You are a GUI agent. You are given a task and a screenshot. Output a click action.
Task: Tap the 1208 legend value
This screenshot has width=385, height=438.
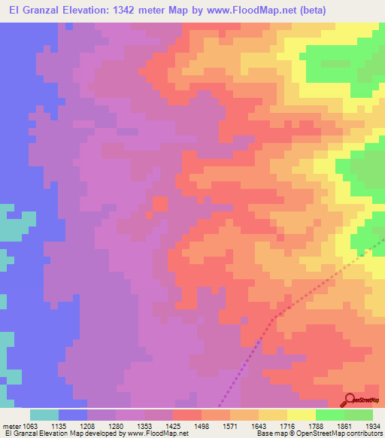pos(102,426)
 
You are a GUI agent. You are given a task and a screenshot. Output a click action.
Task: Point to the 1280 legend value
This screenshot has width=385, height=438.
pos(130,426)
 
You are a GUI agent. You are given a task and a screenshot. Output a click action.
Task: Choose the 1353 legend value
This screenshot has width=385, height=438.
pos(158,426)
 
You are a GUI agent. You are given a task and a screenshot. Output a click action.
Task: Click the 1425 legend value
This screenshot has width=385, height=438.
pos(186,426)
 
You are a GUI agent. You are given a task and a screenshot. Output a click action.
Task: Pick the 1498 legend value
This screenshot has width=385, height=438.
pos(215,426)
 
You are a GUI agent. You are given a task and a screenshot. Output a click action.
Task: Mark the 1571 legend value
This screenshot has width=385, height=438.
pos(244,426)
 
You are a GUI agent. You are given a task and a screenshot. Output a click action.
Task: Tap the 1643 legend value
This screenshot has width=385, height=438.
pos(272,426)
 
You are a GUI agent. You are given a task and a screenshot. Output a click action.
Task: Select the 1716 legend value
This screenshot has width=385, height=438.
pos(301,426)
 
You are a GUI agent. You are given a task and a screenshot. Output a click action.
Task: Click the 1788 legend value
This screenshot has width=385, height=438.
pos(329,426)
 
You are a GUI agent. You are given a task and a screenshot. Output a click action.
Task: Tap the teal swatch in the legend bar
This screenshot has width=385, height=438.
pos(44,415)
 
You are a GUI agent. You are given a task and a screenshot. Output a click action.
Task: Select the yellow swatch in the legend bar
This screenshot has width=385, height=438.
pos(301,415)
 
